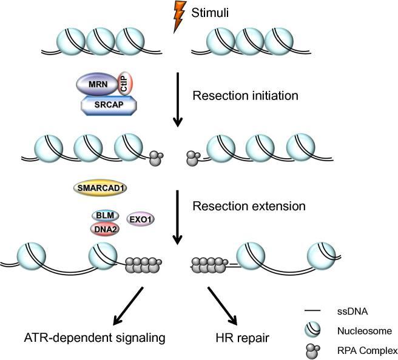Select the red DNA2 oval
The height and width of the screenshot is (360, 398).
105,228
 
